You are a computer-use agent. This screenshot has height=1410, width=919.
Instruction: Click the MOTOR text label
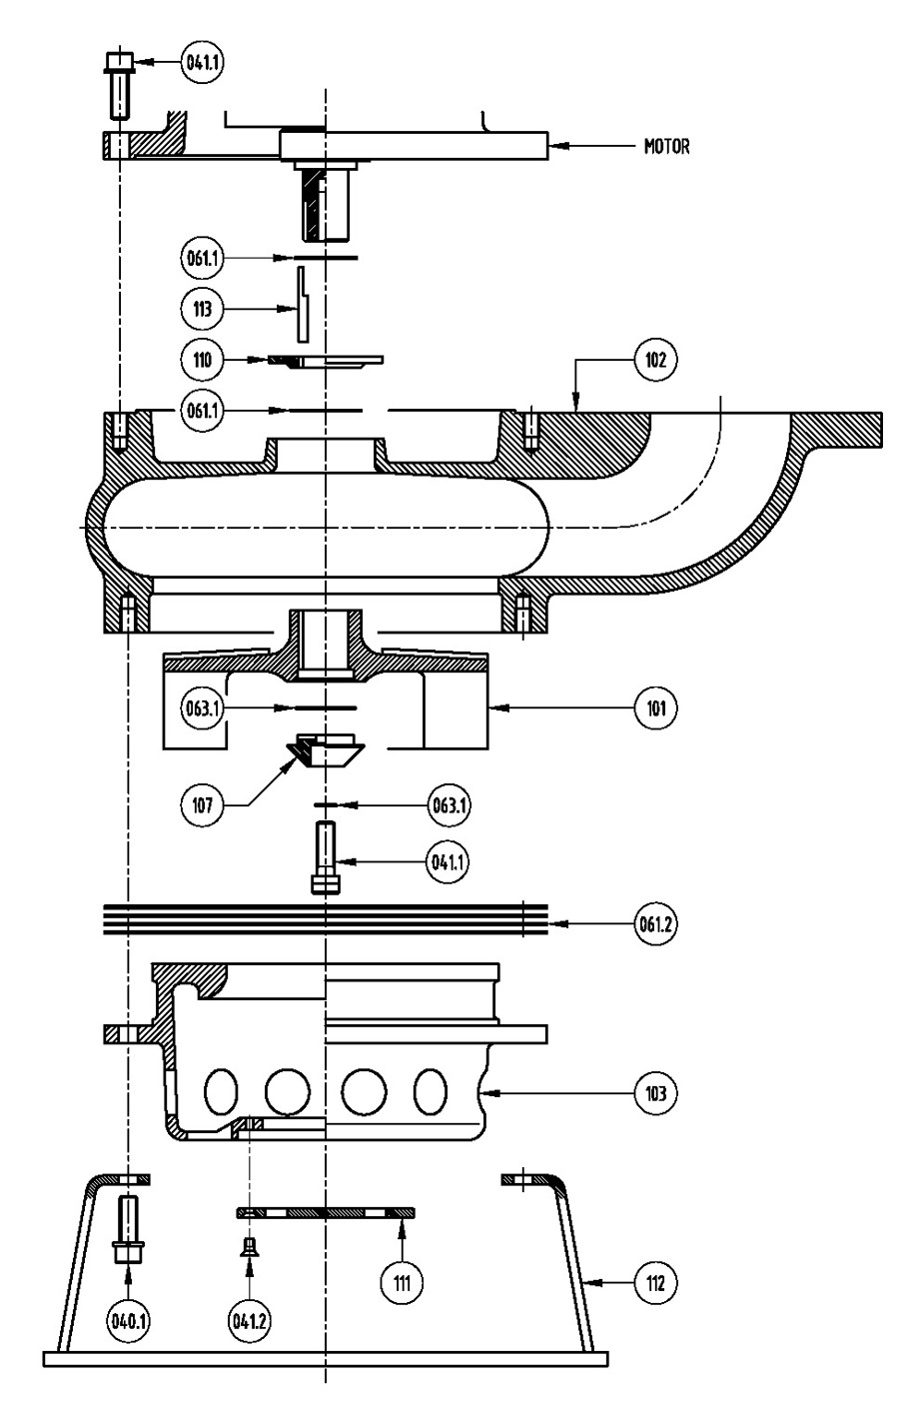coord(666,147)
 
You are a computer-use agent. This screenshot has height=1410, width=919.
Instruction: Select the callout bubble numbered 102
coord(655,360)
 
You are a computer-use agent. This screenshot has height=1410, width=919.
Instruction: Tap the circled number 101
coord(655,708)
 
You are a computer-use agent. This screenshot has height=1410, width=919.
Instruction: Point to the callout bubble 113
coord(202,309)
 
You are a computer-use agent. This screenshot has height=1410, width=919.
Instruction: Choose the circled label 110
coord(202,360)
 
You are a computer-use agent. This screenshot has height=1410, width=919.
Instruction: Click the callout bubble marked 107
coord(202,804)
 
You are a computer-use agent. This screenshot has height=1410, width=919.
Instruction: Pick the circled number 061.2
coord(655,924)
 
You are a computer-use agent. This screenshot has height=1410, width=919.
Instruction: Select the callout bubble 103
coord(655,1093)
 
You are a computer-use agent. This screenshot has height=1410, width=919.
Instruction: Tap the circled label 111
coord(402,1282)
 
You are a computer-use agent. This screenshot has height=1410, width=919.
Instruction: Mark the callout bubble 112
coord(655,1282)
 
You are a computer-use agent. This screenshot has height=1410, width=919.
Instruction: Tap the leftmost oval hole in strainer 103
coord(222,1091)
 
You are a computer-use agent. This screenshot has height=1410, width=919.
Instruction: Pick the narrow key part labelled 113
coord(303,305)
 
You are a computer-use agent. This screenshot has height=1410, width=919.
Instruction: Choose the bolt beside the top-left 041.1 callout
coord(118,87)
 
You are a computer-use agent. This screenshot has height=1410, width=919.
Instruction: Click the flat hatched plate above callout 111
coord(326,1213)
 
